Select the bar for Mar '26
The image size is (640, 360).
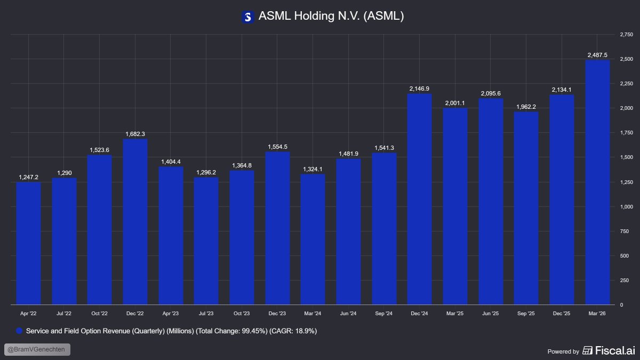[x=597, y=182]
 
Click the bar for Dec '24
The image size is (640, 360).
[x=419, y=199]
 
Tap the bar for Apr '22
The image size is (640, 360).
[x=28, y=243]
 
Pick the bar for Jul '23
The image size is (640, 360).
[x=206, y=241]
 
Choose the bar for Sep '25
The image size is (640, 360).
[x=526, y=208]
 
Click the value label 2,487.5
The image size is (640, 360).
[x=597, y=55]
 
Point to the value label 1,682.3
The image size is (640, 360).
[x=135, y=134]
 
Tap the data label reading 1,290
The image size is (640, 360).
[x=64, y=173]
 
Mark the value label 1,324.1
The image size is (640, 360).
[x=313, y=170]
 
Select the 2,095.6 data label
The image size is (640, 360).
[x=491, y=93]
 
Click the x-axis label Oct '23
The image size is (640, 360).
[x=242, y=314]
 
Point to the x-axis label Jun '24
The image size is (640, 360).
[x=348, y=314]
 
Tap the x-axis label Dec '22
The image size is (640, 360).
[x=135, y=314]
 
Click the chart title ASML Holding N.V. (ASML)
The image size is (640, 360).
[x=331, y=17]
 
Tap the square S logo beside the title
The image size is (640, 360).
[x=247, y=17]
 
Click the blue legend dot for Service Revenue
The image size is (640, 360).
[x=20, y=331]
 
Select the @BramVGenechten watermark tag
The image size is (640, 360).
[x=37, y=350]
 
